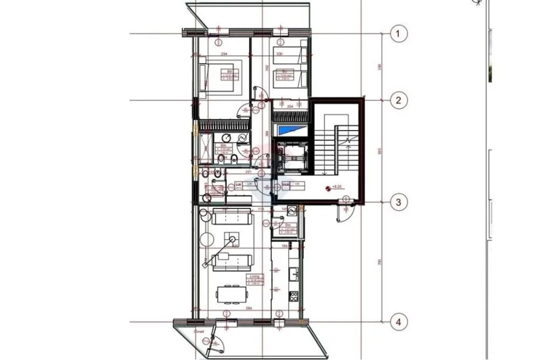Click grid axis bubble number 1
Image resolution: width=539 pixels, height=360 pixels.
tap(399, 34)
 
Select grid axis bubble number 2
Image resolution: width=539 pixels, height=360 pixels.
tap(399, 101)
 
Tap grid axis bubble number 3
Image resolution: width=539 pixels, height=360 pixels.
tap(399, 202)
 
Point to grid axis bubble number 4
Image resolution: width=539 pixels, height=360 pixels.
tap(399, 323)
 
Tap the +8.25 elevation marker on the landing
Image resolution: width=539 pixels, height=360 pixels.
tap(336, 187)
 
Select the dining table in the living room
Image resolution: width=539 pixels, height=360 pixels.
tap(231, 294)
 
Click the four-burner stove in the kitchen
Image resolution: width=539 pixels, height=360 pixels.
tap(293, 296)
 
